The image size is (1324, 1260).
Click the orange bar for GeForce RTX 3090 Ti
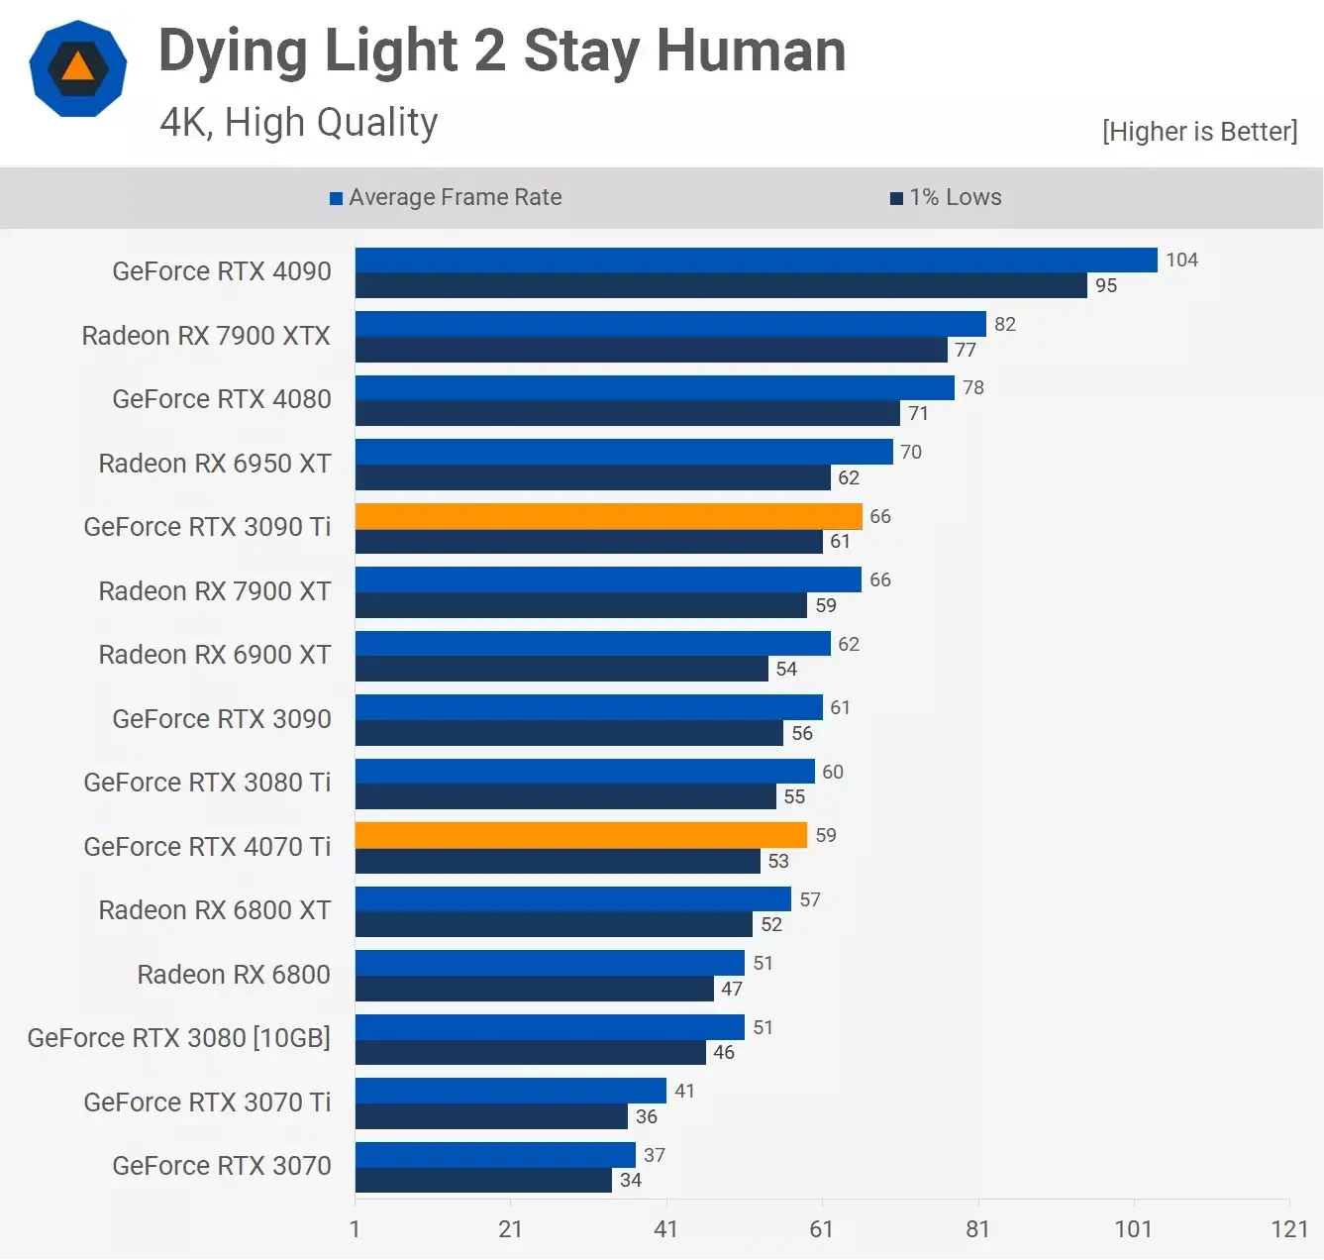608,516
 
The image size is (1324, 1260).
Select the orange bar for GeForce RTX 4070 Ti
580,835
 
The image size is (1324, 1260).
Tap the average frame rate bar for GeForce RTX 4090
756,260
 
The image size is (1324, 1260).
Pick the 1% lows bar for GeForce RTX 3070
483,1180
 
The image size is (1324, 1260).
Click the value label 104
1181,260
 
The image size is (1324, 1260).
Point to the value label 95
1105,285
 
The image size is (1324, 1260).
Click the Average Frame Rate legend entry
446,197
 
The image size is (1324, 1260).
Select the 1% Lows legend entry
946,197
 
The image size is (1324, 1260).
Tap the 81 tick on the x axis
977,1228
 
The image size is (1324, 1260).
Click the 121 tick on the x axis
1288,1228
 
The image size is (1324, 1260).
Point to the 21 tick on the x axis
510,1228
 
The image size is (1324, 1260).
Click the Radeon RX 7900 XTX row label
206,336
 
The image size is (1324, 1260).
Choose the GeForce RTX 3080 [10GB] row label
179,1038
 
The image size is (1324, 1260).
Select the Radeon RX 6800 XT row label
214,910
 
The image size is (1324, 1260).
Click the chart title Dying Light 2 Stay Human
502,51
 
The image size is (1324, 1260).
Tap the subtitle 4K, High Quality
298,123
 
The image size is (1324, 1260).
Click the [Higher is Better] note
1199,132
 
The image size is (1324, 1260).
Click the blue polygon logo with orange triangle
77,68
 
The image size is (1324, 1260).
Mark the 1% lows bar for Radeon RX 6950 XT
592,477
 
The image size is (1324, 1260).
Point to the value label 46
724,1052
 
